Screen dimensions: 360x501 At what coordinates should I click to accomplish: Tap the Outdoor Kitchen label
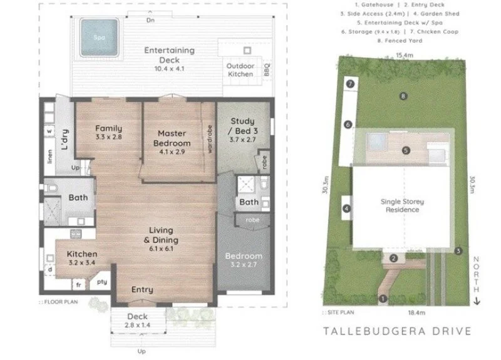(240, 69)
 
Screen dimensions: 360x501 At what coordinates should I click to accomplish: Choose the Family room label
(108, 131)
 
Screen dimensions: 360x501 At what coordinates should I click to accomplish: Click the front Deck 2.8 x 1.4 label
(137, 321)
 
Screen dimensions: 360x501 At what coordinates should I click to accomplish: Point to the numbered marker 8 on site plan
(404, 96)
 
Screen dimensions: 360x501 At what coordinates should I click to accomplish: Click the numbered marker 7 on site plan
(351, 83)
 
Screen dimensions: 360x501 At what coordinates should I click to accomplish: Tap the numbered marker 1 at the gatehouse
(383, 299)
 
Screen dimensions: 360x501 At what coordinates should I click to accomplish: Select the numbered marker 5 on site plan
(406, 150)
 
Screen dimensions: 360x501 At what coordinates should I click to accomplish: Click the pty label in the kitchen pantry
(101, 282)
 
